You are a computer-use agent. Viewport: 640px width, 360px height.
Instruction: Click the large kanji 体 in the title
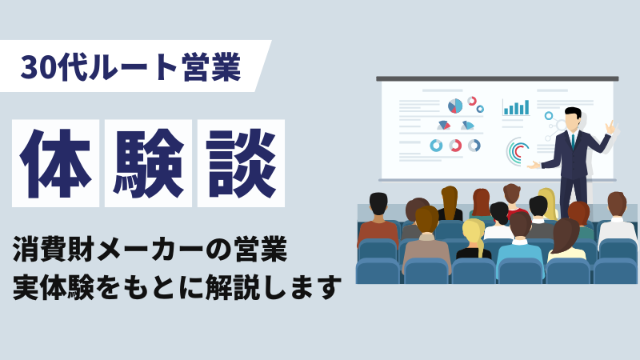point(55,163)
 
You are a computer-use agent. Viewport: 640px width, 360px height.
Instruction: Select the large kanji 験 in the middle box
point(148,163)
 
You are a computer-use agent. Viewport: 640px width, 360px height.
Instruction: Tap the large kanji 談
point(241,163)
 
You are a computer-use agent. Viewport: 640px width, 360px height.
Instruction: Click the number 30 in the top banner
point(38,67)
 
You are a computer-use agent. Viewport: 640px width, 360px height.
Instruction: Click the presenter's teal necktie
point(573,142)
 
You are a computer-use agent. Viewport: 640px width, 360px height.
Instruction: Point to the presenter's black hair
point(573,112)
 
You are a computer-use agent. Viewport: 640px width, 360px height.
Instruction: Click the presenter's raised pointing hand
point(610,127)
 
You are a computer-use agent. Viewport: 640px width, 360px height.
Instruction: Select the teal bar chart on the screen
point(516,107)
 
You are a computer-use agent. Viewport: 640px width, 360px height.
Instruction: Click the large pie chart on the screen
point(455,106)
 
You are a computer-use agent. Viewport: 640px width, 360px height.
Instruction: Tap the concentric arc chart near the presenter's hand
point(517,152)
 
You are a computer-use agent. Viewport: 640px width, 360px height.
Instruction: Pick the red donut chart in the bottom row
point(455,146)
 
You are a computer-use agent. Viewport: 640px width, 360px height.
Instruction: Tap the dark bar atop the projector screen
point(497,78)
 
